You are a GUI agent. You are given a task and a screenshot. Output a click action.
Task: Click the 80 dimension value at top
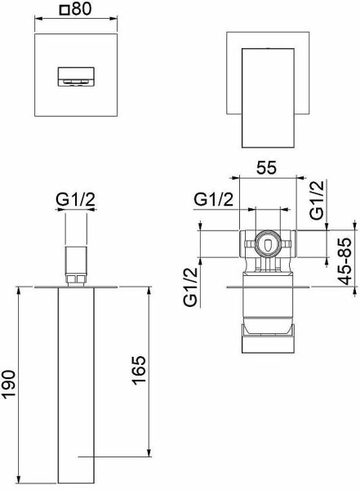(82, 8)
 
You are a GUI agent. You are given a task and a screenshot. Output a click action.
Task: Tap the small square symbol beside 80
(64, 11)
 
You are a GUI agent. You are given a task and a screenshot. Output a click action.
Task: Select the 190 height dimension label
(9, 384)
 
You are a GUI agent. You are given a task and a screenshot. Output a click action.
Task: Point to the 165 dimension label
(139, 370)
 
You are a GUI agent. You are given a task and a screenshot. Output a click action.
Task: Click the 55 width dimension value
(267, 167)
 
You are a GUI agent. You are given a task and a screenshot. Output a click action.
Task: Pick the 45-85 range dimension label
(345, 261)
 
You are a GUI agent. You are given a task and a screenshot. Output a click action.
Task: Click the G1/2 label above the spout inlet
(75, 199)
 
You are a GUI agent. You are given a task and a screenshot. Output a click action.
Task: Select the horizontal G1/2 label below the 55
(213, 199)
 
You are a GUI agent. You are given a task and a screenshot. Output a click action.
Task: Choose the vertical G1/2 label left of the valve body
(191, 287)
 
